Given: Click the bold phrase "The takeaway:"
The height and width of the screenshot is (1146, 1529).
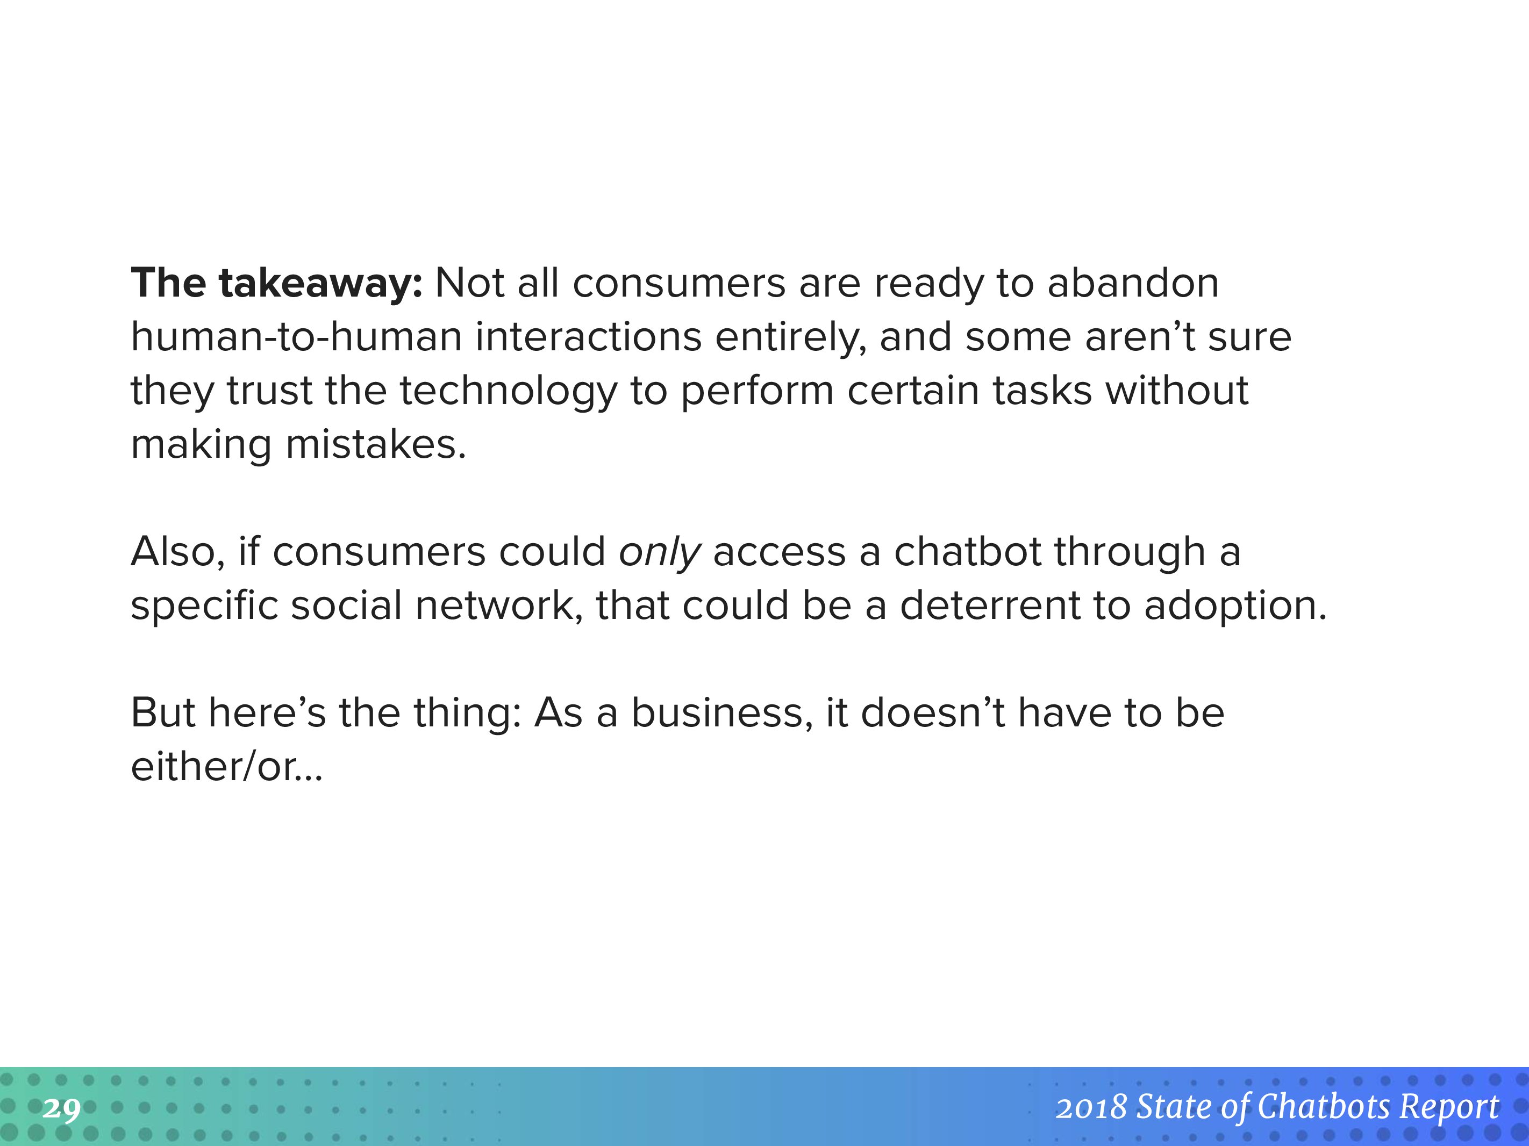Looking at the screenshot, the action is (x=276, y=284).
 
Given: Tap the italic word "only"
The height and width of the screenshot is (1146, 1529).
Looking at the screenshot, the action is (x=660, y=553).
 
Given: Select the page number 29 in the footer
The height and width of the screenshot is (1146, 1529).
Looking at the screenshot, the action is (x=61, y=1109).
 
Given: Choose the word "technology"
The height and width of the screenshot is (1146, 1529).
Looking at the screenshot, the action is (x=508, y=392).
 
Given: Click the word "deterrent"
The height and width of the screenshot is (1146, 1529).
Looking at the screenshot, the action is (x=990, y=606).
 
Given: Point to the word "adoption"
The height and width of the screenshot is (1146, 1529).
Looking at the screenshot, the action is (x=1231, y=607).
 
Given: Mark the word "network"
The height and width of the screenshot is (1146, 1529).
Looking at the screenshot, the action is (x=494, y=606).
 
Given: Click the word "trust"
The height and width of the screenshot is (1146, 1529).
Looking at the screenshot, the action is (x=269, y=391).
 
